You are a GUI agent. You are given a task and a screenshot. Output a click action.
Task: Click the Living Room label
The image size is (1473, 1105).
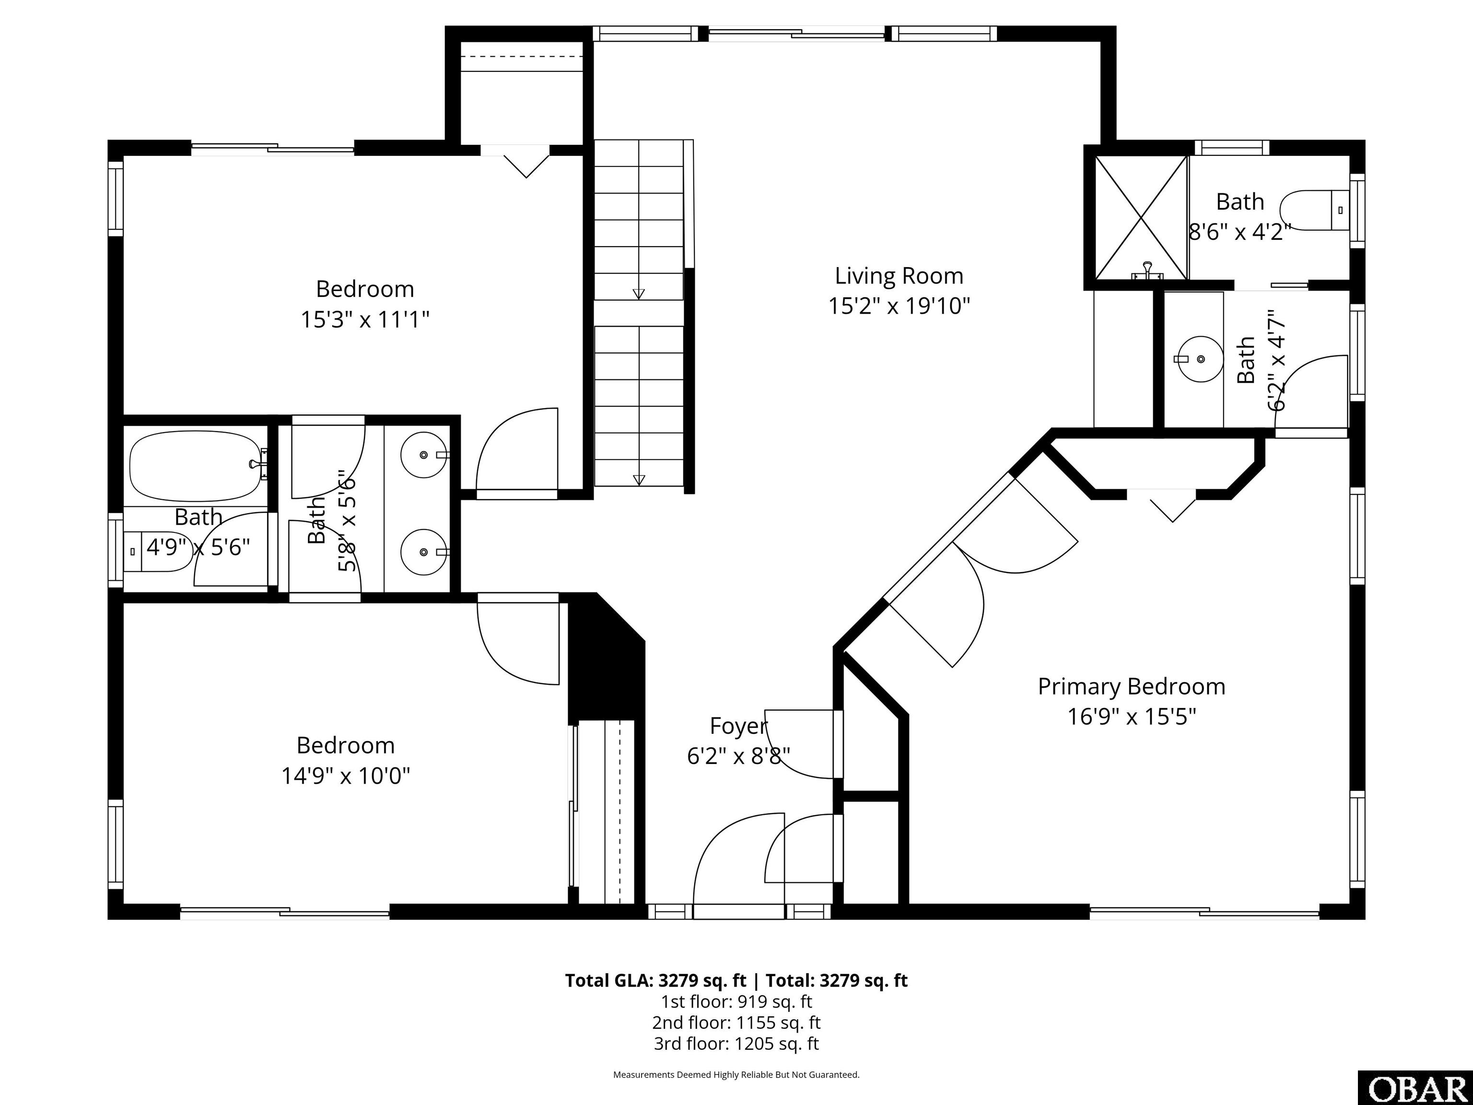point(899,276)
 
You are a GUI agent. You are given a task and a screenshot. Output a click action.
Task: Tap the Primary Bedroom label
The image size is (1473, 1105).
point(1132,687)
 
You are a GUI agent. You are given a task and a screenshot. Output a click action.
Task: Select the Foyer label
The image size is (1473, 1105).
point(738,725)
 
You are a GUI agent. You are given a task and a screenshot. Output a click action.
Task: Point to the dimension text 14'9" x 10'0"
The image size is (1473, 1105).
point(346,776)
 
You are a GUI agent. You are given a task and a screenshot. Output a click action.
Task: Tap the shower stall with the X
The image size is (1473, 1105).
point(1141,217)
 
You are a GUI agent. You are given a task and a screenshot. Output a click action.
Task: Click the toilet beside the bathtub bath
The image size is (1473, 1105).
point(157,552)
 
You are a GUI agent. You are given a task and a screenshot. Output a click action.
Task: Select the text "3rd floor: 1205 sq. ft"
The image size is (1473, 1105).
point(736,1043)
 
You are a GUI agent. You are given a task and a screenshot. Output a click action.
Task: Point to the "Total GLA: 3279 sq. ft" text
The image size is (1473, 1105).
point(656,980)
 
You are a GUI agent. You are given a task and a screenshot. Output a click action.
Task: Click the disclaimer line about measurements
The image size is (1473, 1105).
point(736,1074)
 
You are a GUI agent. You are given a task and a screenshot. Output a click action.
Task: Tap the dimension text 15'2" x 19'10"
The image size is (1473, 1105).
point(899,306)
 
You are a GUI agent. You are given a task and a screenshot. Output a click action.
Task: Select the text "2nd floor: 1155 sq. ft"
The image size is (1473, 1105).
point(736,1023)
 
